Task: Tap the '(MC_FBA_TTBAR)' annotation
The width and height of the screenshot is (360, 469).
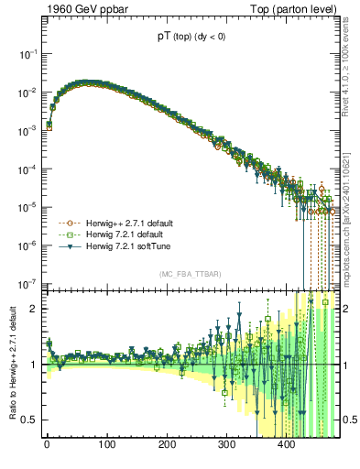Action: [x=188, y=275]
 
